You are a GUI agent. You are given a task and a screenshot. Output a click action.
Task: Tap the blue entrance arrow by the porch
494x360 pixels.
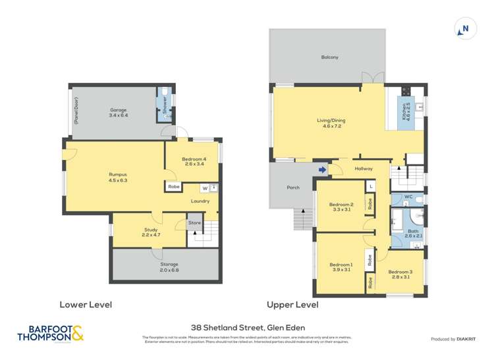click(x=321, y=170)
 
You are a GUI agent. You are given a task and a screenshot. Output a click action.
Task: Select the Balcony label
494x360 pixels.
click(x=330, y=58)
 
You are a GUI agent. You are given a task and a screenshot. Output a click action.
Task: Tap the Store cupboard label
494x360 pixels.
click(x=195, y=223)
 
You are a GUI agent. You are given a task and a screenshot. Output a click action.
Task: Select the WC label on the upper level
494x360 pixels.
click(x=408, y=197)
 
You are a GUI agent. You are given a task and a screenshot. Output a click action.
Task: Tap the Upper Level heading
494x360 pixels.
click(x=292, y=305)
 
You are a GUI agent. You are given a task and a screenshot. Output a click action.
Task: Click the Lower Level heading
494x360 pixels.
click(x=86, y=305)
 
